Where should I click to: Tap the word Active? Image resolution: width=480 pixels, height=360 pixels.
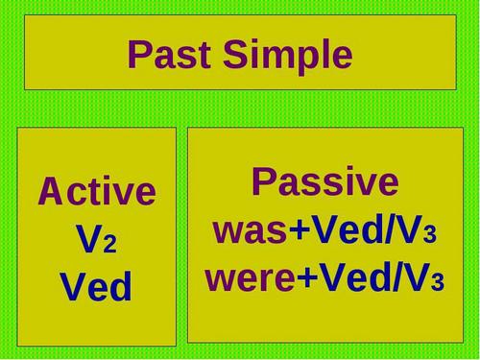(x=96, y=192)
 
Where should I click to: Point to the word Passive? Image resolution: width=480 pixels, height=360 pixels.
(x=324, y=182)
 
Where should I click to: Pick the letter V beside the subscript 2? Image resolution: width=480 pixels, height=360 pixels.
(x=88, y=240)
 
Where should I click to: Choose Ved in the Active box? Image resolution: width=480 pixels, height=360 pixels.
(x=96, y=287)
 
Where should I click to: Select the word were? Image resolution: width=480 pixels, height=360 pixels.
(x=250, y=279)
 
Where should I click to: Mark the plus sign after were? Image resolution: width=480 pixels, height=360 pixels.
(x=307, y=279)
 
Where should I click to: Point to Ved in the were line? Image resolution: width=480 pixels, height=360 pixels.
(x=351, y=277)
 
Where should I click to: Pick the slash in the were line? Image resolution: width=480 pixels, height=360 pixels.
(x=395, y=277)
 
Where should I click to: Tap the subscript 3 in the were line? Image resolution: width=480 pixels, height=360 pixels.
(x=438, y=283)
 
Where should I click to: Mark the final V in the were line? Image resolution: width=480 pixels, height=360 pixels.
(x=416, y=277)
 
